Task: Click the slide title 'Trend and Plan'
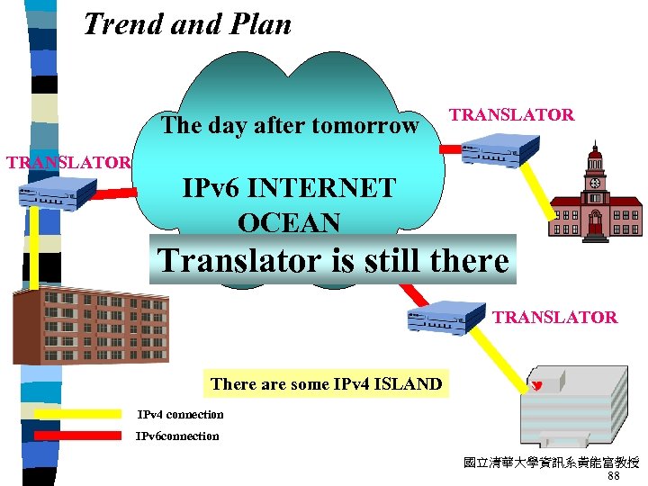pyautogui.click(x=187, y=24)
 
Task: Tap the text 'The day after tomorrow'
pyautogui.click(x=290, y=125)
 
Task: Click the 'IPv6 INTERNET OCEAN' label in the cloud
pyautogui.click(x=289, y=204)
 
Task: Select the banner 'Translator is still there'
pyautogui.click(x=333, y=260)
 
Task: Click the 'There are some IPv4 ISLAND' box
pyautogui.click(x=326, y=384)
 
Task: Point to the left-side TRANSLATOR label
pyautogui.click(x=68, y=163)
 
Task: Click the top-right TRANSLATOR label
pyautogui.click(x=511, y=114)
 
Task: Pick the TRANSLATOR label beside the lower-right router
pyautogui.click(x=554, y=317)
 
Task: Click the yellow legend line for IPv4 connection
pyautogui.click(x=77, y=415)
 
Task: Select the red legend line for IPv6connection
pyautogui.click(x=77, y=436)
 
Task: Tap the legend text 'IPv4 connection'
pyautogui.click(x=180, y=415)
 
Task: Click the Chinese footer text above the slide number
pyautogui.click(x=551, y=463)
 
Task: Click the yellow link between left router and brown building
pyautogui.click(x=35, y=248)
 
